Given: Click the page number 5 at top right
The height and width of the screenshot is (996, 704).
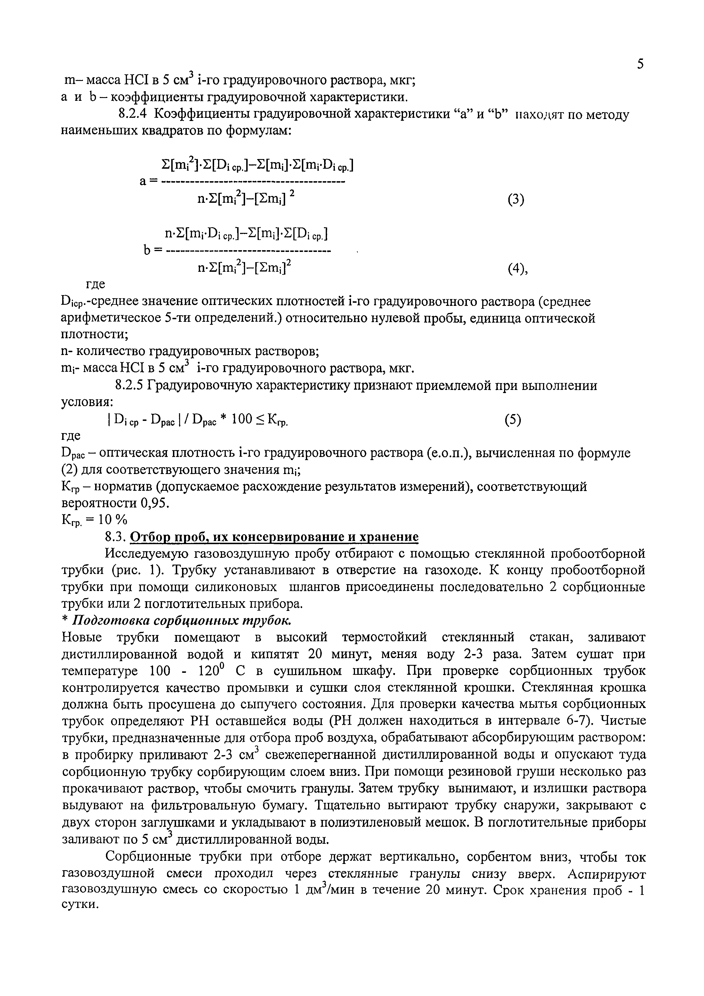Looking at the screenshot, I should pos(640,64).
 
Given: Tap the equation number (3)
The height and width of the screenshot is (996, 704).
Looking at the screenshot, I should pos(516,200).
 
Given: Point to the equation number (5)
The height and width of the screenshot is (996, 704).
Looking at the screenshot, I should pos(513,420).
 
